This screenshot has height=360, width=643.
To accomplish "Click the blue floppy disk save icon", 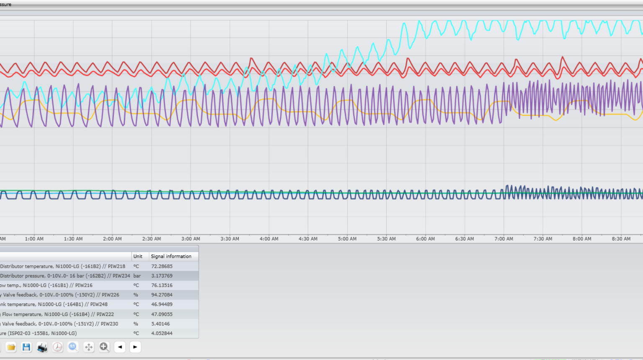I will point(26,347).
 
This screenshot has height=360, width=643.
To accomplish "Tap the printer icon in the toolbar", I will point(42,347).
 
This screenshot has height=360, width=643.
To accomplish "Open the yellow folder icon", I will point(11,347).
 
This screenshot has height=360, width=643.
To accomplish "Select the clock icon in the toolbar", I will point(57,347).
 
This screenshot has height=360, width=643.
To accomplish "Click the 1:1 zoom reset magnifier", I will point(73,347).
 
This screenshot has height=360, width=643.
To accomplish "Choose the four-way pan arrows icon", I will point(88,347).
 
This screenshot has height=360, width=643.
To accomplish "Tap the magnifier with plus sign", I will point(104,347).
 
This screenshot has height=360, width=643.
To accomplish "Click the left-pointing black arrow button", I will point(120,347).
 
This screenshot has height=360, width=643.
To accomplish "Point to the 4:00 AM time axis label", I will point(269,239).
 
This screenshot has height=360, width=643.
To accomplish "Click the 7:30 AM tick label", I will point(543,239).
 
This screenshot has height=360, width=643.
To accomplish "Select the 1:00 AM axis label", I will point(34,239).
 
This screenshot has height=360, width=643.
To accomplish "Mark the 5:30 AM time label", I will point(386,239).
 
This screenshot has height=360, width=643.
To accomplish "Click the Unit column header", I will point(138,256).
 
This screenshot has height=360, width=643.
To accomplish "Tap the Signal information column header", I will point(171,256).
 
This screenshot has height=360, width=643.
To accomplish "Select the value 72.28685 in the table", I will point(162,266).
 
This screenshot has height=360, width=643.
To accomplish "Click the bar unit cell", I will point(137,276).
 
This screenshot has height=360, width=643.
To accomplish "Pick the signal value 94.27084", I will point(162,295).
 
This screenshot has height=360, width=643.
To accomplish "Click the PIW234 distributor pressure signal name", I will point(65,276).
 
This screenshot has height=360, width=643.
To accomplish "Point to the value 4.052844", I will point(162,333).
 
